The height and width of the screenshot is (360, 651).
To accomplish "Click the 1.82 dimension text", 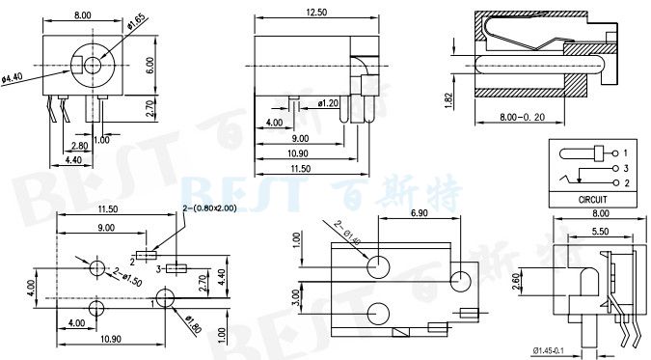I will (x=450, y=100).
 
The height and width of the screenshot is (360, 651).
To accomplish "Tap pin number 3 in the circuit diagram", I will (x=626, y=168).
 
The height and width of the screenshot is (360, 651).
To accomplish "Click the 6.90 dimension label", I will (x=419, y=212).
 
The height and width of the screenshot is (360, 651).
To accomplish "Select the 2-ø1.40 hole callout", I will (x=347, y=233).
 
